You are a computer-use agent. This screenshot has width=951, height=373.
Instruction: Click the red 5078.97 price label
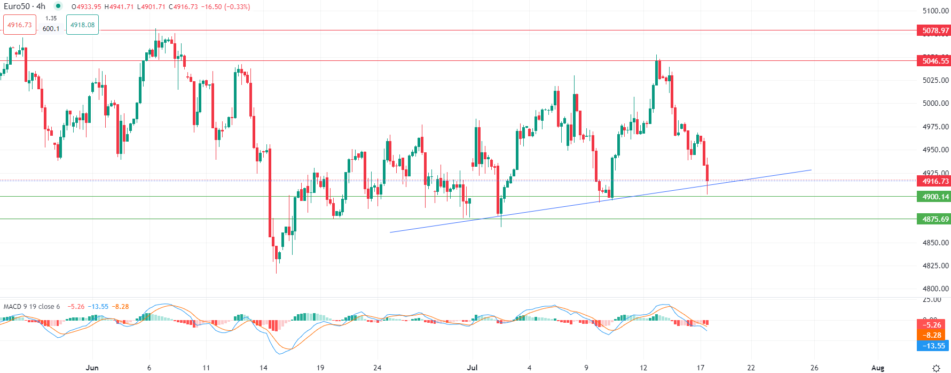935,30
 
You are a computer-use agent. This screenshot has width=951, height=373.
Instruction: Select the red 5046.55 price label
935,61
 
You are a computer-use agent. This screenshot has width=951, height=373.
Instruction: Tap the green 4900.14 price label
935,197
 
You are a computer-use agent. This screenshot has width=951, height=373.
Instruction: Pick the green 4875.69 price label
935,219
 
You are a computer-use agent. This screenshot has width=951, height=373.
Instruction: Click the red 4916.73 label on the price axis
935,181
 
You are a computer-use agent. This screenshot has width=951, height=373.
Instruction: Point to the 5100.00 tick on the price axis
936,11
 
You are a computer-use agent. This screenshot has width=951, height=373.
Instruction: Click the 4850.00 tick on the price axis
936,243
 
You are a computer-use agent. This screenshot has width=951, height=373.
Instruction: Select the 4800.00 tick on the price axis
936,289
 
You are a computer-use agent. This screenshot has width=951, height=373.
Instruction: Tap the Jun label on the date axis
92,368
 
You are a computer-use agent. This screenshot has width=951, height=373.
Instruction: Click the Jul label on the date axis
472,368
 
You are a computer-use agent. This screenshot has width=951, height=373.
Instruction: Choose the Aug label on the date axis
877,368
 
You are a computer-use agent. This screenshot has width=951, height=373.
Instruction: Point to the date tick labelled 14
263,368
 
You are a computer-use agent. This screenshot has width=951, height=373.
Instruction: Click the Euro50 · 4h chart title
25,6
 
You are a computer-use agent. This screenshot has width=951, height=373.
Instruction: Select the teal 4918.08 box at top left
82,25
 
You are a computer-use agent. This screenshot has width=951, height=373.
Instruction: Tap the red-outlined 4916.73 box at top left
20,25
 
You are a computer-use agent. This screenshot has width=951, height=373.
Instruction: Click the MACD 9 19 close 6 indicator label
32,307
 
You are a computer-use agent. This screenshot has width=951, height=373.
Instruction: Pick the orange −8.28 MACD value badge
932,336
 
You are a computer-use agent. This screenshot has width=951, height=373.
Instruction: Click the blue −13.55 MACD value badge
932,346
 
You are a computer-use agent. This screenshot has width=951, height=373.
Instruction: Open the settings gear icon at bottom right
936,368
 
